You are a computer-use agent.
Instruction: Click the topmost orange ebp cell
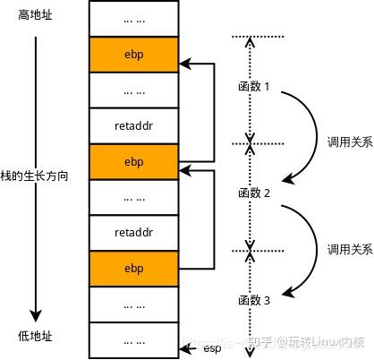pyautogui.click(x=133, y=55)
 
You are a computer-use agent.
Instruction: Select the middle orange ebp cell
pyautogui.click(x=133, y=161)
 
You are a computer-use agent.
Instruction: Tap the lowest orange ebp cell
pyautogui.click(x=133, y=268)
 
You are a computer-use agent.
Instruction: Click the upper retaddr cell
pyautogui.click(x=133, y=125)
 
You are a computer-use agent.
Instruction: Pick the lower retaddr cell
pyautogui.click(x=133, y=232)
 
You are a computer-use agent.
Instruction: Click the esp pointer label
pyautogui.click(x=212, y=347)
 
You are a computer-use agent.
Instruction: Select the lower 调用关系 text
pyautogui.click(x=348, y=249)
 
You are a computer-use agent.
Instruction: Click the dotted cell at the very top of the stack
pyautogui.click(x=133, y=19)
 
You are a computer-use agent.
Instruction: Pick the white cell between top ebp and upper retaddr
pyautogui.click(x=133, y=90)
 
